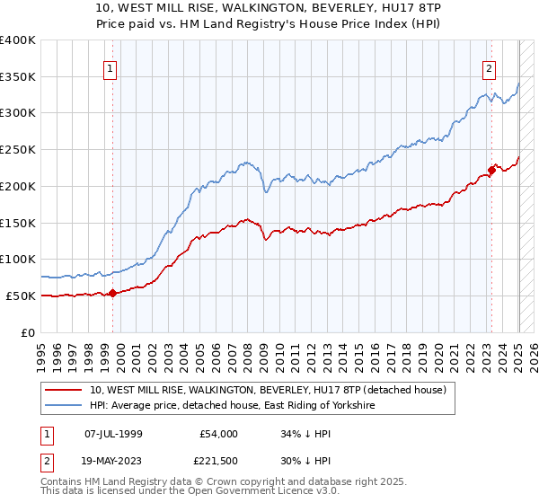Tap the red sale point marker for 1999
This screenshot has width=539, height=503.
point(112,293)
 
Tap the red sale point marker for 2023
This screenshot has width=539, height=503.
point(492,169)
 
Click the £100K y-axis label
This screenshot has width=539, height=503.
point(19,259)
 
